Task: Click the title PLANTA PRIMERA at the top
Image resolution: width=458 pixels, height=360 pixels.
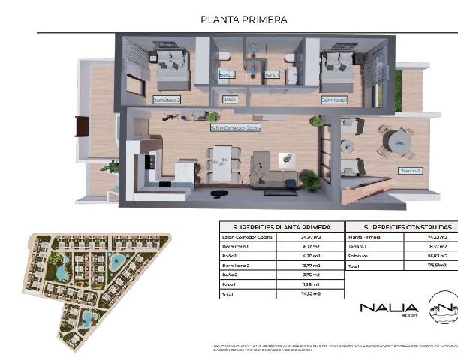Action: click(x=244, y=20)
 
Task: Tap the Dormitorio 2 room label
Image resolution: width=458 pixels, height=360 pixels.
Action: click(x=167, y=98)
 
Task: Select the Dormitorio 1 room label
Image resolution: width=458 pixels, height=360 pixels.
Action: click(x=333, y=98)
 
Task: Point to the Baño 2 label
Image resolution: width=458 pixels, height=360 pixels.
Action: click(x=227, y=75)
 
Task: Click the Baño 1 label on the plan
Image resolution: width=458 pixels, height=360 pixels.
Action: click(x=271, y=75)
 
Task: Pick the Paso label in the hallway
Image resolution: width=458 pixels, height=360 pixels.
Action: click(x=231, y=98)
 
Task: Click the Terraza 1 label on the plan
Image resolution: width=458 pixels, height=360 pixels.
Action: click(x=410, y=172)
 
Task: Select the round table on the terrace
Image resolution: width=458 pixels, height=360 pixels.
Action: click(x=396, y=142)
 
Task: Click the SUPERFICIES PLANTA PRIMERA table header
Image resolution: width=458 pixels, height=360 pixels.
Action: click(x=281, y=226)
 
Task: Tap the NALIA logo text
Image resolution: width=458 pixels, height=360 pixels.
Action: click(x=389, y=307)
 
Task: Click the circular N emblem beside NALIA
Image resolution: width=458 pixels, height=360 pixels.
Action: click(x=442, y=308)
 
